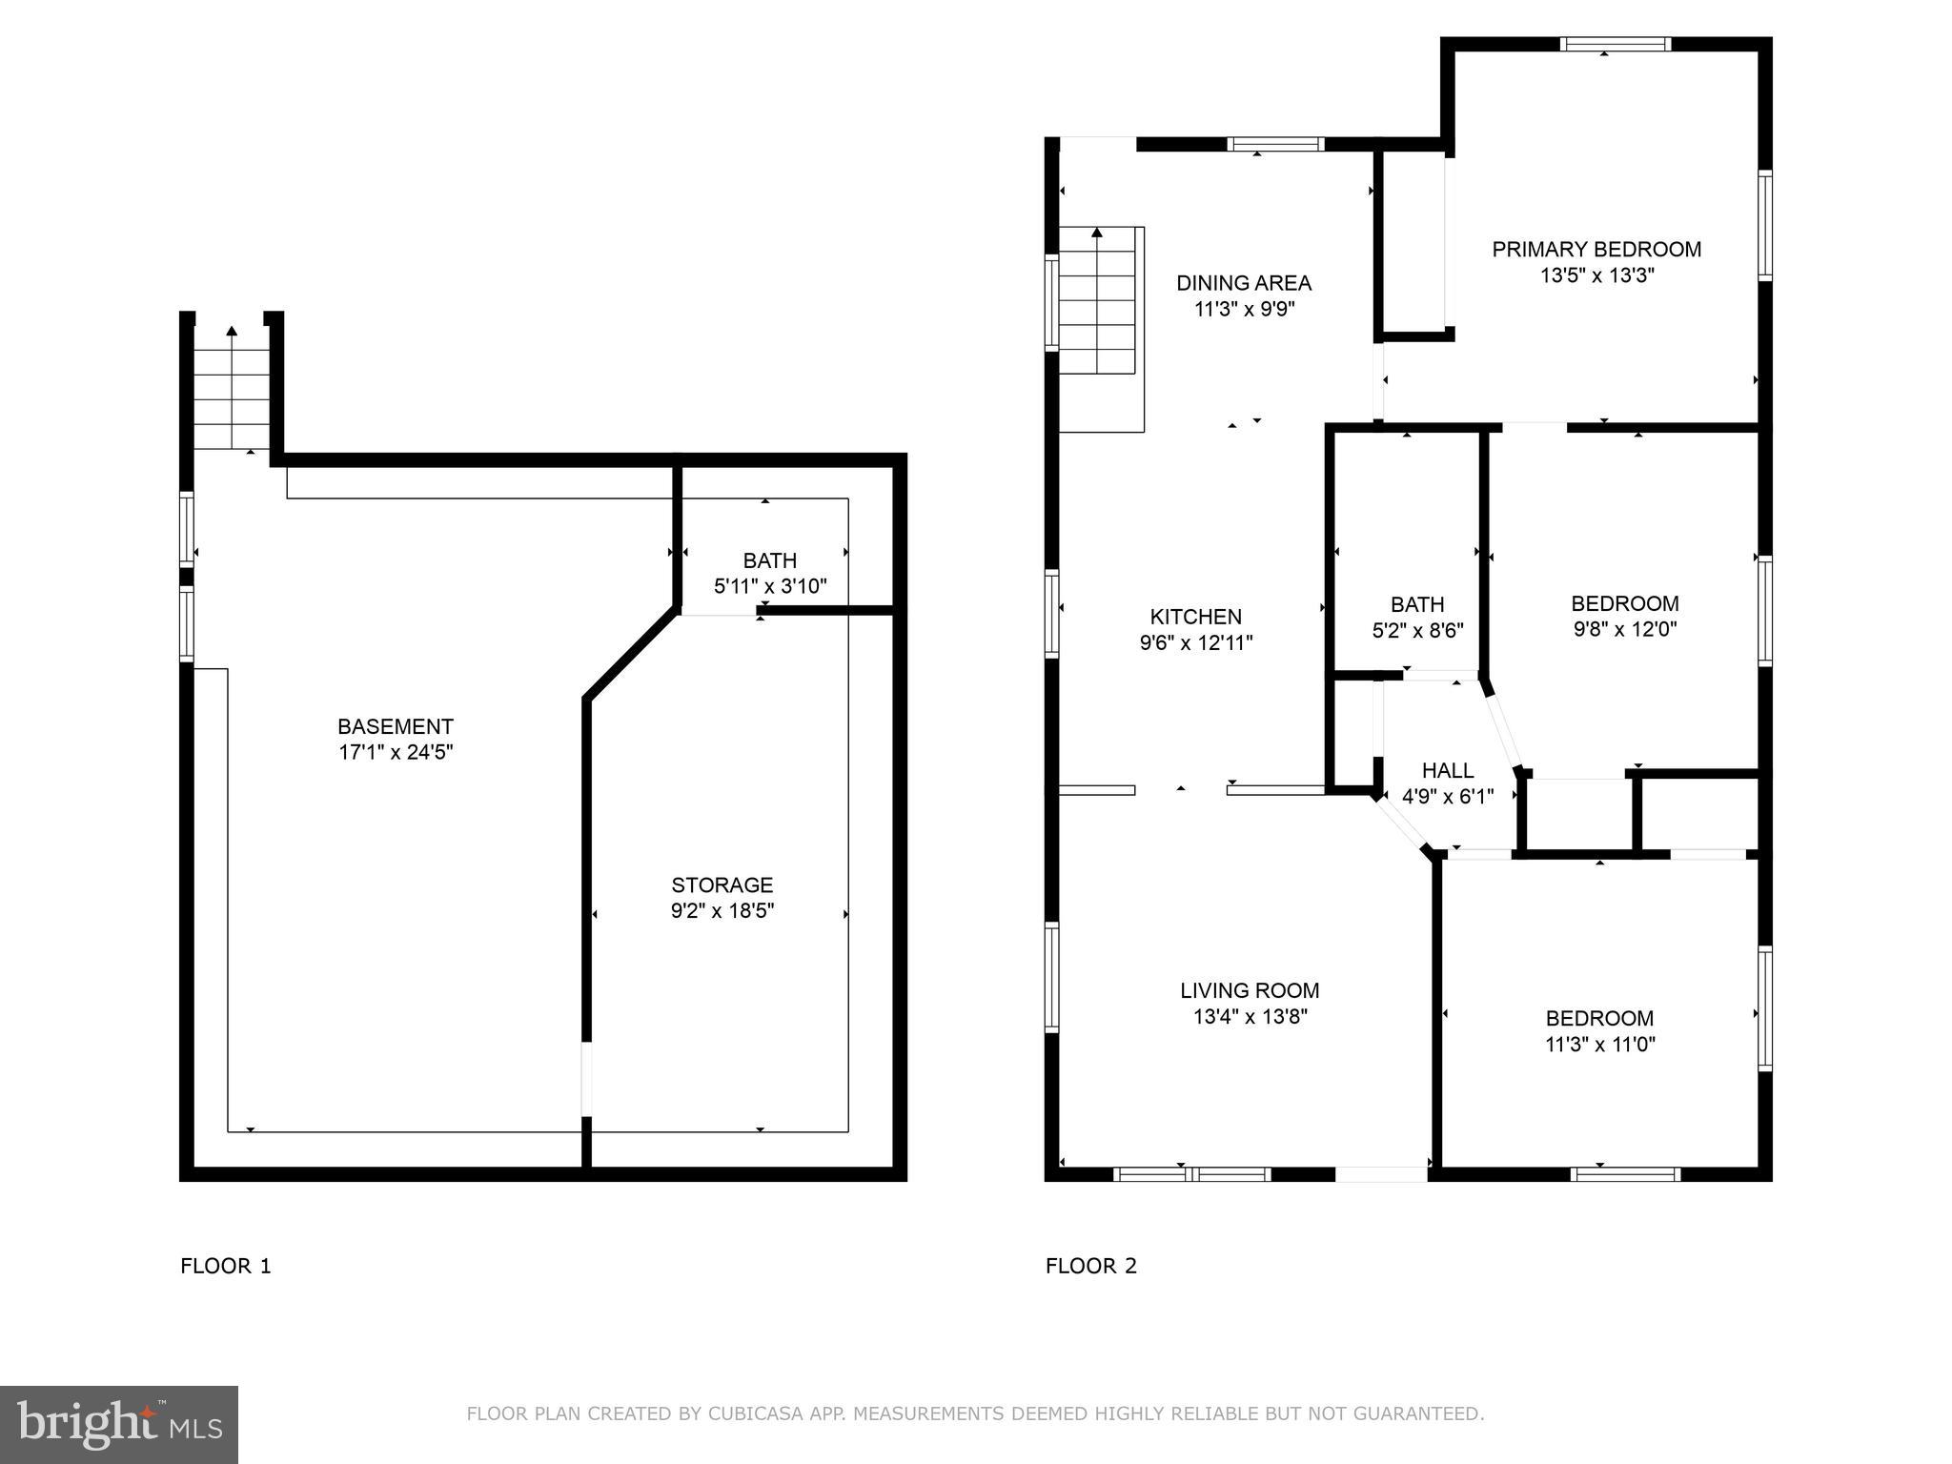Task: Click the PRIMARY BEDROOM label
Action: (1596, 250)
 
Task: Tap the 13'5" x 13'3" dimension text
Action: (1596, 276)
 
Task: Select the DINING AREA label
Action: (1244, 283)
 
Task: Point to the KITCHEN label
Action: (1195, 617)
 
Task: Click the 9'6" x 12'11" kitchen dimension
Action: (1195, 643)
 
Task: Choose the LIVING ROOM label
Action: (1250, 990)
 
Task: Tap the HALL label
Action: (1447, 770)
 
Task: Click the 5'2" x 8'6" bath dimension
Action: (1417, 630)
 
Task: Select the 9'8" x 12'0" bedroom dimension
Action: (1624, 629)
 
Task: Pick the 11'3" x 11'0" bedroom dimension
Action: (1599, 1045)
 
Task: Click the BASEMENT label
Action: (396, 726)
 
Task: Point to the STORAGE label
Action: (722, 884)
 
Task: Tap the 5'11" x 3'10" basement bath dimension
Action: (770, 586)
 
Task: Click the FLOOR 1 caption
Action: (226, 1266)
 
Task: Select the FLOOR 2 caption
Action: (1091, 1266)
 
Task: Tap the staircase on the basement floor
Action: (232, 391)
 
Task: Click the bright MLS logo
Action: (119, 1425)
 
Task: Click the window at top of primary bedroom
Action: (1615, 44)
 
